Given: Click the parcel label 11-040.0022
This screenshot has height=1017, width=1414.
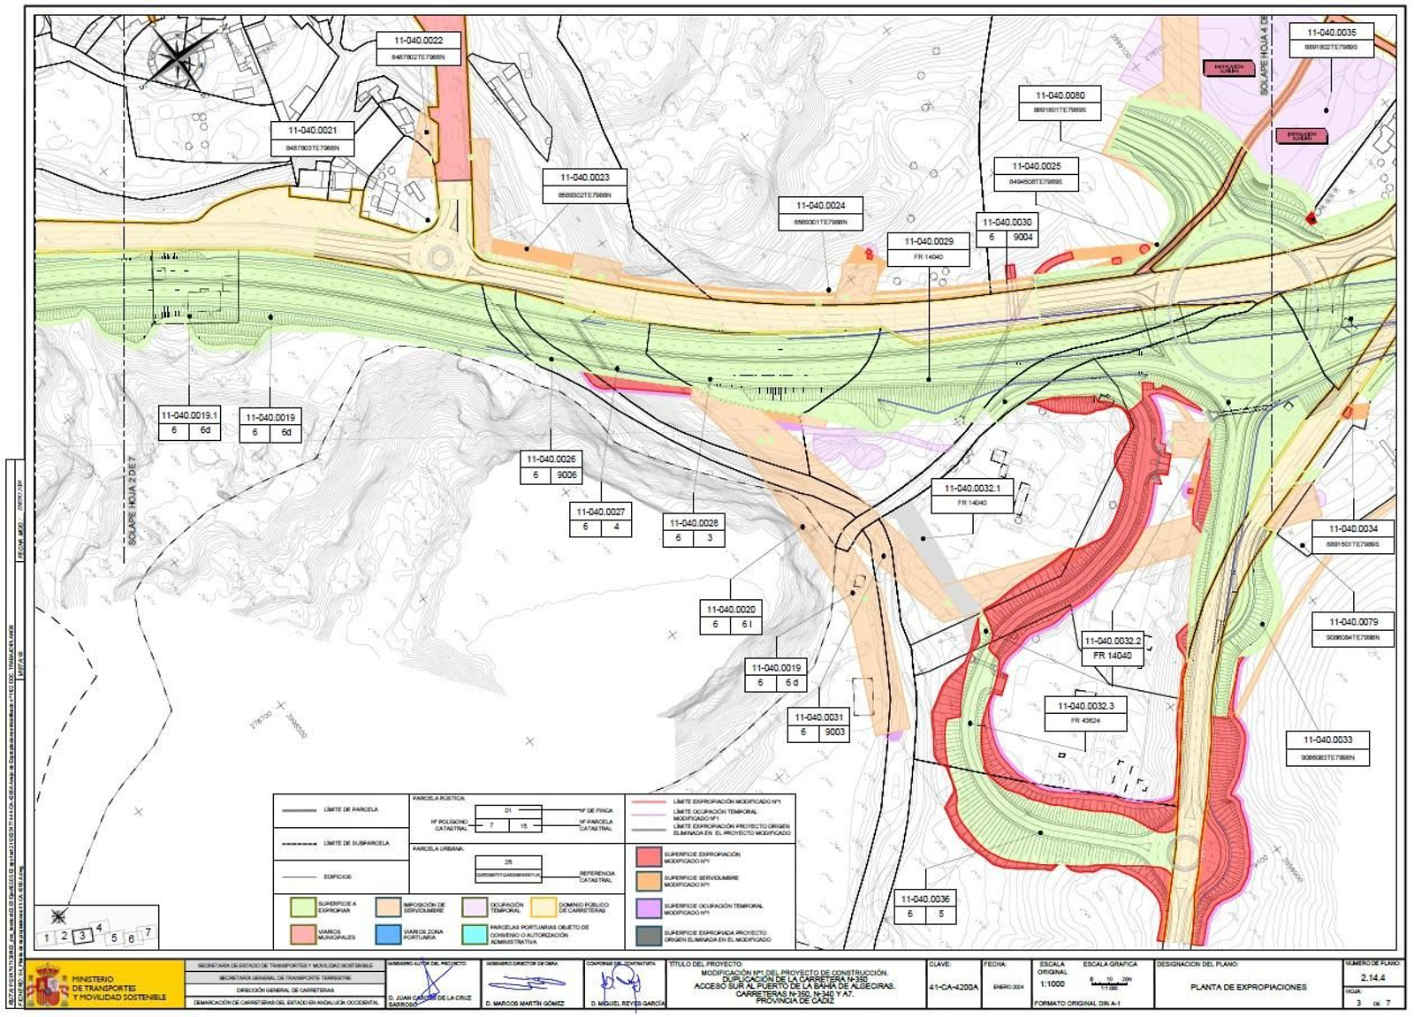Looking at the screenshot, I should coord(418,41).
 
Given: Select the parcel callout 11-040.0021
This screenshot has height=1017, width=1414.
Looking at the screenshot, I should coord(312,131).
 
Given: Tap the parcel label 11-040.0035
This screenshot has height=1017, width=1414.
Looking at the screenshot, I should coord(1332,34).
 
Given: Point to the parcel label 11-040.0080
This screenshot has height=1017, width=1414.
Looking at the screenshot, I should coord(1060,95).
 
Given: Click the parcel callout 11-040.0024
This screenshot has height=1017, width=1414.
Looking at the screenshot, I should coord(820,206).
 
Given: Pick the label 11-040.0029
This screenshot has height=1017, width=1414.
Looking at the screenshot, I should coord(928,241).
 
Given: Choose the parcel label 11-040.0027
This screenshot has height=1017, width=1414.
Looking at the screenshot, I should coord(600,512).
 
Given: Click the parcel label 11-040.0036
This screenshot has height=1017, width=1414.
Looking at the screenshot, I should coord(924,899).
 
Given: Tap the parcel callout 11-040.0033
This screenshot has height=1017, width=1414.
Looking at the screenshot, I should coord(1327,740).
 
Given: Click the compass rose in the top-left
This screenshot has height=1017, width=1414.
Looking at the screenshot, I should coord(178,58).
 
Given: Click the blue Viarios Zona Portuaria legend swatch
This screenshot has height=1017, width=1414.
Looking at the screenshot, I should coord(388,934).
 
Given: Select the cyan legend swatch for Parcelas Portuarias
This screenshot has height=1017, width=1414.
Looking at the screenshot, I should coord(475,934).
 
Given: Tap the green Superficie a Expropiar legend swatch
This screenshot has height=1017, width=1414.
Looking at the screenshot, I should coord(303,907).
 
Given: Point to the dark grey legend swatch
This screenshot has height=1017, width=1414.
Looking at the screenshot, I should coord(649,936).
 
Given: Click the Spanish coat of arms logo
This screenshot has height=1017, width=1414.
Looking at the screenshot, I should coord(48,986).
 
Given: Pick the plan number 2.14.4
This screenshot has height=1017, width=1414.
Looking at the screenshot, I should coord(1372,978).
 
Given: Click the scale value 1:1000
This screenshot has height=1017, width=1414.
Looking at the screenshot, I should coord(1053,983).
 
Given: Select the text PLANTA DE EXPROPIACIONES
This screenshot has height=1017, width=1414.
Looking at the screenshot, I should coord(1248,987).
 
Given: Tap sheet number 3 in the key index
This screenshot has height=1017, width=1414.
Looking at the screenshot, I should coord(82,936).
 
